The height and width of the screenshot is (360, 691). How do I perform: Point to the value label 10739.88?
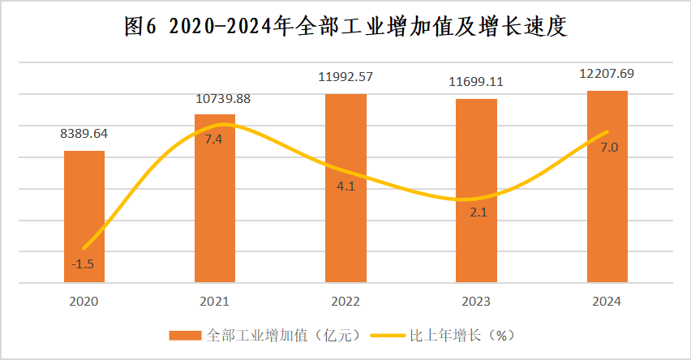point(215,100)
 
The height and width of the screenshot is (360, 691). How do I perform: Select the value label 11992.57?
point(345,78)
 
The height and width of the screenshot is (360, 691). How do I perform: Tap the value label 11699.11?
point(476,82)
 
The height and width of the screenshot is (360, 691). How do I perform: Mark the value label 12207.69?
point(607,74)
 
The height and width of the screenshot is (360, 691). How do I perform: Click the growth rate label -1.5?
point(83,264)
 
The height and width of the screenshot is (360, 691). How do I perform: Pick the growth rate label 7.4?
point(215,139)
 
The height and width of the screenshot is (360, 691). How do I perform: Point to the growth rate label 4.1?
point(346,186)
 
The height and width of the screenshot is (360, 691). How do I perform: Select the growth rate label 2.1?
point(476,213)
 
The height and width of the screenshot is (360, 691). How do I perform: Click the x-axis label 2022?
point(345,301)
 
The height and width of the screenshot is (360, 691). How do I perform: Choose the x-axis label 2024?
point(607,301)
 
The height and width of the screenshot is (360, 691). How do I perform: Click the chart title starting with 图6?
point(345,26)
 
